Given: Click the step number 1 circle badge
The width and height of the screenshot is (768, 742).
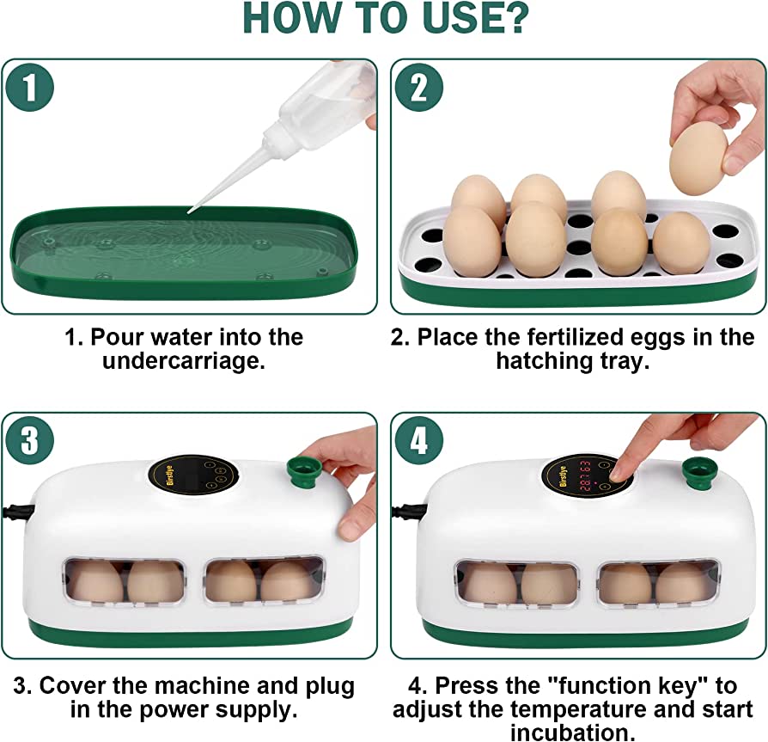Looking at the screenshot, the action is tap(29, 89).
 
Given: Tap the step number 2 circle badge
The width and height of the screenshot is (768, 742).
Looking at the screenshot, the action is tap(418, 89).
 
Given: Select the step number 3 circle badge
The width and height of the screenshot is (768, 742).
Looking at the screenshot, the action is tap(29, 440).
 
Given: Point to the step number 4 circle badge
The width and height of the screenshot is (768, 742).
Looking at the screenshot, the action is tap(418, 440).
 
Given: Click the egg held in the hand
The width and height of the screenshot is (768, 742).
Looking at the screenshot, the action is tap(699, 159).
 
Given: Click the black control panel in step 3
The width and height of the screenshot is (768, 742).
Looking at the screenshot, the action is tap(193, 475).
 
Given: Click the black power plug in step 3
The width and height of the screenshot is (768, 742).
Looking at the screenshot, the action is tap(17, 512).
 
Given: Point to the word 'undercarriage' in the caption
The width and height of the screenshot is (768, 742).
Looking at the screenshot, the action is tap(184, 361).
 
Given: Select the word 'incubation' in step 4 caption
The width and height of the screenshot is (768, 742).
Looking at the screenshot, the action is tap(572, 733).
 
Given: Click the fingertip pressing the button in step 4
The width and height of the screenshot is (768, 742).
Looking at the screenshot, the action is tap(619, 471).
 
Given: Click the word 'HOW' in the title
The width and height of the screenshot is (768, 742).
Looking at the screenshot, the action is tap(291, 18).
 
